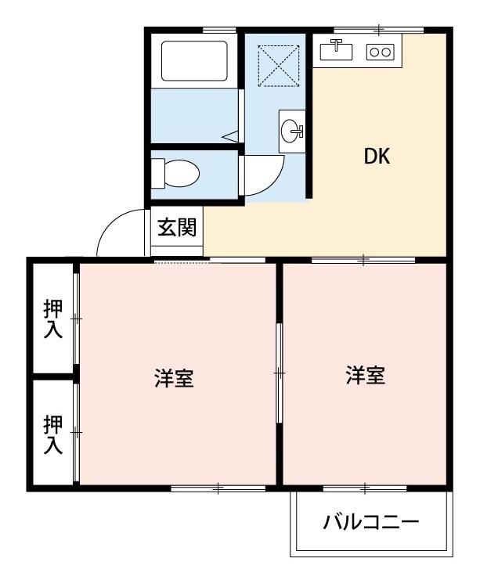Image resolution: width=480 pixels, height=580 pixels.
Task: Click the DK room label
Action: (x=377, y=156)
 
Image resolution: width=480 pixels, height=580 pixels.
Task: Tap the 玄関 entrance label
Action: (x=178, y=228)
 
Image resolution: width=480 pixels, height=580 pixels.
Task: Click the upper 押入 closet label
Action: (x=52, y=319)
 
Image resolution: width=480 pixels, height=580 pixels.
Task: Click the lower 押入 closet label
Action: (x=52, y=434)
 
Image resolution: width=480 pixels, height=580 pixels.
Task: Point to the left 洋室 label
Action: (x=174, y=380)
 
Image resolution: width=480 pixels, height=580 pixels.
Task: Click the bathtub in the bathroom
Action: (x=194, y=60)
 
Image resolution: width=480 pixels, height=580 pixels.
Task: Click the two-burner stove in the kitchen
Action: (x=381, y=52)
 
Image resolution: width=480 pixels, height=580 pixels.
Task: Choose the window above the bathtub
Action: (x=220, y=30)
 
